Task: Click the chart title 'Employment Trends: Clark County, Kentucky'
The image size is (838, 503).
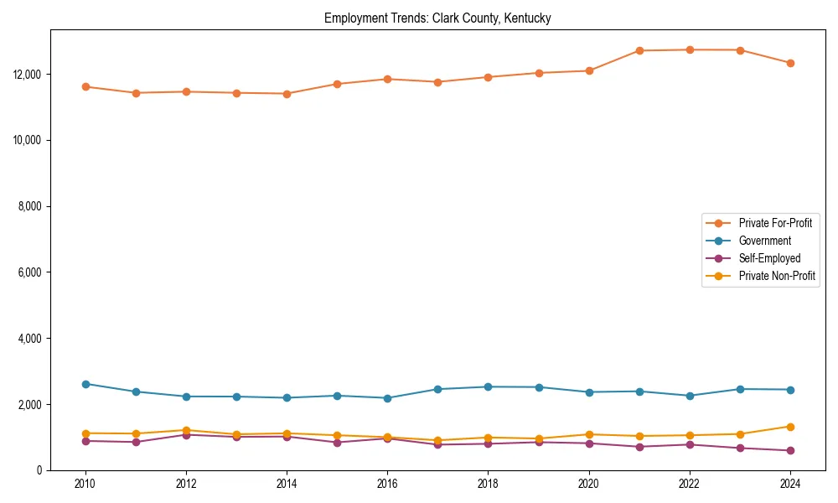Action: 437,18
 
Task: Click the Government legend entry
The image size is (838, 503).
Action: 764,241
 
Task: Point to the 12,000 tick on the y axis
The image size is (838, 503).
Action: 28,74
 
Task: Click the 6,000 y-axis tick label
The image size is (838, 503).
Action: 30,272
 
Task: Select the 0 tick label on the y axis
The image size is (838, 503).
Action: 39,470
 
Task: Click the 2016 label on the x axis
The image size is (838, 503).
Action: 387,484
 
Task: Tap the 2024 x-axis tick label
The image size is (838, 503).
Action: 790,484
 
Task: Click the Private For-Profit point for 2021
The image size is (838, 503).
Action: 639,51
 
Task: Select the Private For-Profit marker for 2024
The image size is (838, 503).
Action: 790,63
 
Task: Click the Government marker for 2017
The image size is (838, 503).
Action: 437,389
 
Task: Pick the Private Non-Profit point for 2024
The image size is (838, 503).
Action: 790,427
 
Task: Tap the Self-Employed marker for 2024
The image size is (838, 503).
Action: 790,451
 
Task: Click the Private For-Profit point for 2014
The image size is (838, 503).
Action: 287,94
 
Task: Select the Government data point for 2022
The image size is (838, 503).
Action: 690,396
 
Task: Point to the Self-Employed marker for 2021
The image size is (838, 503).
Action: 639,447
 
